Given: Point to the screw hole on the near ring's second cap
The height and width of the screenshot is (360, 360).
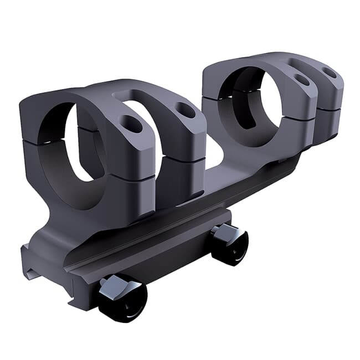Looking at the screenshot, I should (186, 110).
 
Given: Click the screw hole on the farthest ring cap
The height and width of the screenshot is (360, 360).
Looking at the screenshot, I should (329, 72).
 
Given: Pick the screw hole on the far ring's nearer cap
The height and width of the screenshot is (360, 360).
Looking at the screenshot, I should (302, 81).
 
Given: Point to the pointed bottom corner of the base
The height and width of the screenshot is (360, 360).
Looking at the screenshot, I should (72, 306).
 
